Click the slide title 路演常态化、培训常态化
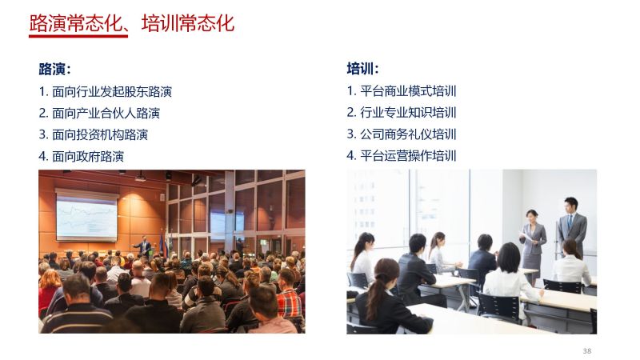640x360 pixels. tap(131, 23)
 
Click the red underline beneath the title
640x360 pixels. tap(78, 36)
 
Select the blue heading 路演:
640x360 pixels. tap(54, 69)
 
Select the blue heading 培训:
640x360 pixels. tap(362, 68)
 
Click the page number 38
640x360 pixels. tap(587, 351)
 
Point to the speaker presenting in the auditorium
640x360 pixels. tap(144, 246)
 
